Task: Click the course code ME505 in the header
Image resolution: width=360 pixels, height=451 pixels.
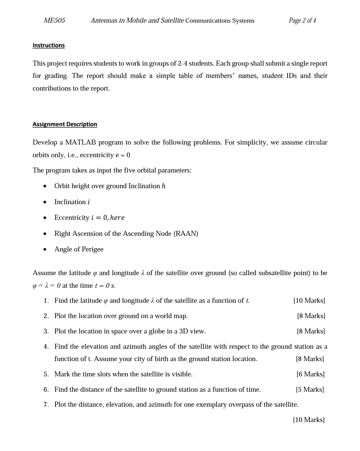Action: tap(54, 21)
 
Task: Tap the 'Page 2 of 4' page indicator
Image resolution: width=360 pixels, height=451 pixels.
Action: tap(302, 21)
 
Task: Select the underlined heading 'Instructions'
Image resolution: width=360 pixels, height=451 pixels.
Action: tap(49, 45)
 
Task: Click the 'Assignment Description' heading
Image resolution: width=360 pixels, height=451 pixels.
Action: tap(65, 124)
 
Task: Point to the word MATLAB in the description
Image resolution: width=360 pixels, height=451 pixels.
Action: tap(81, 143)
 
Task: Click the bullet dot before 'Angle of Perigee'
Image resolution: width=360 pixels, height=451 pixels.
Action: tap(45, 249)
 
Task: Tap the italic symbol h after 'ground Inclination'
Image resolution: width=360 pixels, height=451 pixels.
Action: tap(163, 186)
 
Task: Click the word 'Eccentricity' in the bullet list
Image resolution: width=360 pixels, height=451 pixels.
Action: tap(72, 218)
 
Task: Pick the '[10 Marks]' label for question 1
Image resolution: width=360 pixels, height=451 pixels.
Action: tap(309, 301)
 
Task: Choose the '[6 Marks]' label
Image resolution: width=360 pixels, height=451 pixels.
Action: tap(310, 374)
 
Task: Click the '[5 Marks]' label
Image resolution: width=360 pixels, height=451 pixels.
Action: tap(310, 390)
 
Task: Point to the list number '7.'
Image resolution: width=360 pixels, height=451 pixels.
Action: tap(46, 405)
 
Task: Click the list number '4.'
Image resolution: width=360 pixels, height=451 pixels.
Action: tap(46, 347)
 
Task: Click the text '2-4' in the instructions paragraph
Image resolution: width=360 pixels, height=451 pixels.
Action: tap(183, 64)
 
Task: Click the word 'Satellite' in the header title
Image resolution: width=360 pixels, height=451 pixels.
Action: tap(172, 21)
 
